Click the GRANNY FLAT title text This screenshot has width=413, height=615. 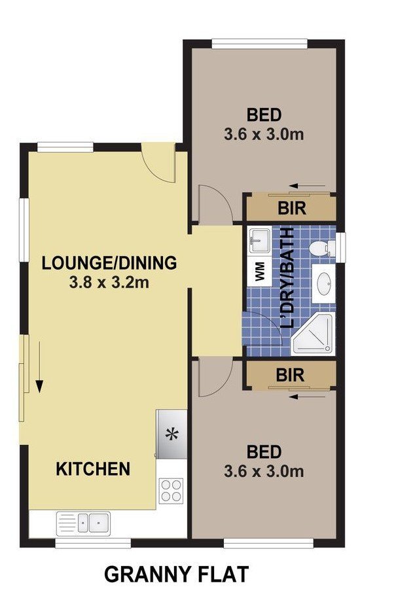[x=177, y=574]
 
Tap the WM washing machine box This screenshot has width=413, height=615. [x=259, y=271]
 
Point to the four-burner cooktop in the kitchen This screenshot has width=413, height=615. [x=171, y=490]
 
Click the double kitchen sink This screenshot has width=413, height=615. [x=83, y=523]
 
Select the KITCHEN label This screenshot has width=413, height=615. [x=93, y=468]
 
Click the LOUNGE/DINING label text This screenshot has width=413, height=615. [x=109, y=263]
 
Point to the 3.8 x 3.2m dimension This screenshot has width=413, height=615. [x=109, y=283]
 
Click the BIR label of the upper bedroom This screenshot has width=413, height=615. [x=292, y=208]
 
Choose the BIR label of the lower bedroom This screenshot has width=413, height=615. [x=290, y=375]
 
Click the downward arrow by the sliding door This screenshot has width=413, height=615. [x=39, y=367]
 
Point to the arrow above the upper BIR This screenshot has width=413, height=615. [x=307, y=186]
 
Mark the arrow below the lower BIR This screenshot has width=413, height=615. [x=307, y=396]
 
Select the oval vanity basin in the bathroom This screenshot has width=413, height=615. [x=324, y=283]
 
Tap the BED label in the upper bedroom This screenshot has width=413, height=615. [x=264, y=115]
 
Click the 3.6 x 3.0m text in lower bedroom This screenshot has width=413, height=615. [x=264, y=471]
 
